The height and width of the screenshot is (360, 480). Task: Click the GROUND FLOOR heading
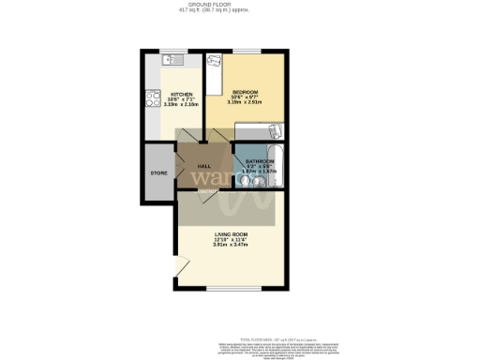[240, 5]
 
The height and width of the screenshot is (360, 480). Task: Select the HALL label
[203, 165]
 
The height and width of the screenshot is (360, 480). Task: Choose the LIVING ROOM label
[231, 234]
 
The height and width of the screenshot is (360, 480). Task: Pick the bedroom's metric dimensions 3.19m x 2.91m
[246, 103]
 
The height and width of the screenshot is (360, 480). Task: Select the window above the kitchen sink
[174, 51]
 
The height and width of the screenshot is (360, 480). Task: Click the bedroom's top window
[247, 51]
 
